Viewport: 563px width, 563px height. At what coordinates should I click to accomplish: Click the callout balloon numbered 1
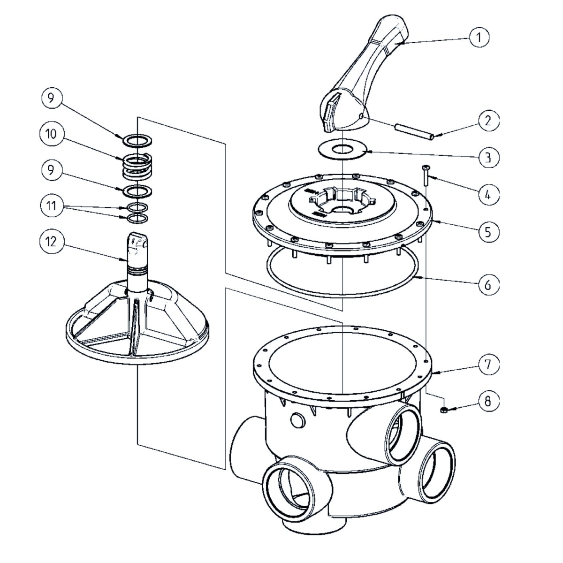pos(479,38)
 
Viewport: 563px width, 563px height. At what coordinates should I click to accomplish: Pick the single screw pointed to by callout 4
pos(426,175)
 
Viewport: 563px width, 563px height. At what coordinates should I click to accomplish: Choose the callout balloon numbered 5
pos(488,232)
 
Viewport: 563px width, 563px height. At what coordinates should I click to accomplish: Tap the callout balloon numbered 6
pos(488,284)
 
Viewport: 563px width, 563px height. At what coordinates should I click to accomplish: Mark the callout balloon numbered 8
pos(488,402)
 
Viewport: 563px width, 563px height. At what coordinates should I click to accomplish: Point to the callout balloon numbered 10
pos(51,135)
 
